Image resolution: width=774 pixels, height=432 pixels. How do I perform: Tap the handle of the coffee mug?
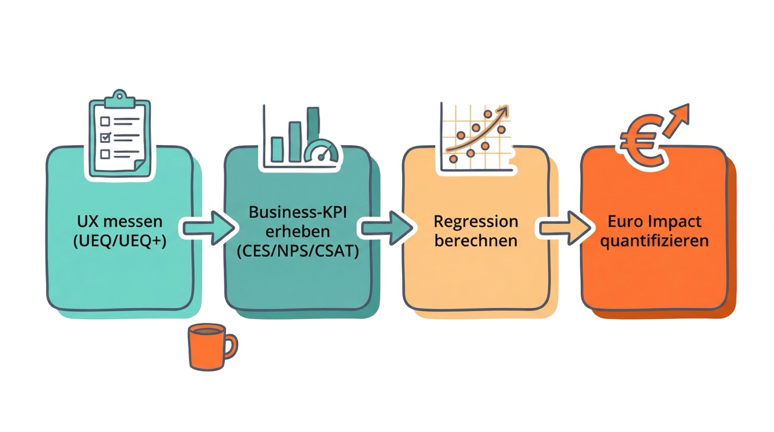(x=230, y=346)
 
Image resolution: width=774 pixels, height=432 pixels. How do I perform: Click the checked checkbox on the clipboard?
(x=105, y=136)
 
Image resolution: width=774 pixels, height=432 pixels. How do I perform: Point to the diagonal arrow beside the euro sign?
(x=677, y=119)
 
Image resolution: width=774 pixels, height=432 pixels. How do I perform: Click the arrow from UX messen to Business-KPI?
(x=209, y=227)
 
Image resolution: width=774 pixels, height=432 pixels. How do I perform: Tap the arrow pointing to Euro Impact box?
(x=565, y=227)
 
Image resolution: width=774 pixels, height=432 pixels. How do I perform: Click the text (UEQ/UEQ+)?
(x=120, y=240)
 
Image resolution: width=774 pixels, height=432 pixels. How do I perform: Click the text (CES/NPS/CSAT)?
(x=298, y=250)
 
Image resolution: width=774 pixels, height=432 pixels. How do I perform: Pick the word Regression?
(x=476, y=221)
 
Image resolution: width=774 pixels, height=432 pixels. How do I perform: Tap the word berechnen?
(x=476, y=240)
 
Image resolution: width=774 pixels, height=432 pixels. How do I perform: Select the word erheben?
(x=298, y=232)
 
